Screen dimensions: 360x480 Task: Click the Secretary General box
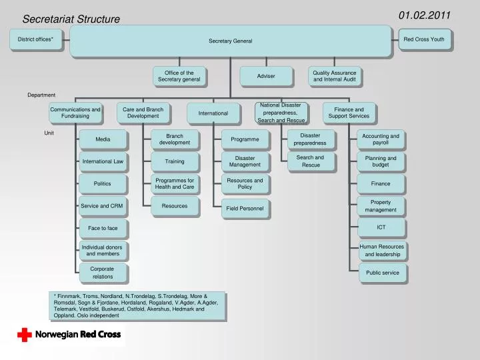click(230, 41)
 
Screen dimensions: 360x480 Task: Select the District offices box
click(35, 39)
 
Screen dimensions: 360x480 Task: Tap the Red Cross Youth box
click(424, 39)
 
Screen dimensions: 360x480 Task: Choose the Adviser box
click(266, 76)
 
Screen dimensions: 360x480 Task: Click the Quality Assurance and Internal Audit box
click(335, 76)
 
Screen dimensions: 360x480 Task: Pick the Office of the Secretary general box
click(179, 76)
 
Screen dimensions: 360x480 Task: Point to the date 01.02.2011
click(425, 15)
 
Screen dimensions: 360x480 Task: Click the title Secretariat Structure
click(71, 19)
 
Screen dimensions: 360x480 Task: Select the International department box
click(213, 113)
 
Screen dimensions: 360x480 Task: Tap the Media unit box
click(103, 139)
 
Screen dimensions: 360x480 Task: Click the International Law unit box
click(103, 161)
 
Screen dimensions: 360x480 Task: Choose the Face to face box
click(103, 228)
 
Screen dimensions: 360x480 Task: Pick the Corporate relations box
click(103, 273)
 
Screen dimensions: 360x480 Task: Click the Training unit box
click(175, 161)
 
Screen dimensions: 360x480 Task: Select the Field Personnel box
click(245, 209)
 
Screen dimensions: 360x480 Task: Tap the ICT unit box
click(381, 227)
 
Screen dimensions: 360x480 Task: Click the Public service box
click(382, 273)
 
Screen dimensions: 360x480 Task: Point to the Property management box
click(381, 206)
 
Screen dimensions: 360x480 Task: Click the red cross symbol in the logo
click(25, 335)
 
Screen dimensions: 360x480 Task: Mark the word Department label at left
click(41, 95)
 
